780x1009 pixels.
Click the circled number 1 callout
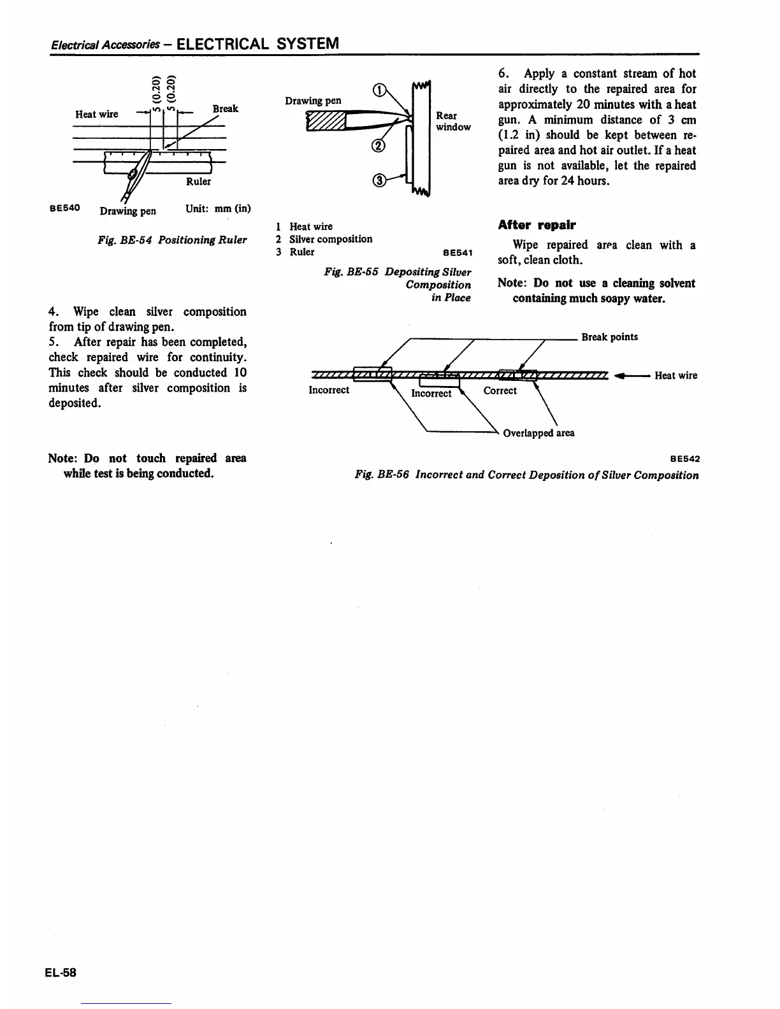pos(380,90)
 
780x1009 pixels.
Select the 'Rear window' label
pos(453,121)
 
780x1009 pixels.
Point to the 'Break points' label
pos(609,337)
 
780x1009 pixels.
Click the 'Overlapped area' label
pos(538,433)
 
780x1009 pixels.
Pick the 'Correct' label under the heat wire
pos(500,390)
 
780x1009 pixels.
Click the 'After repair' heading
pos(537,225)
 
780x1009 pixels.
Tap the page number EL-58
pos(61,972)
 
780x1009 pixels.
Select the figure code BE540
pos(64,208)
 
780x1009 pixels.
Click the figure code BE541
pos(457,253)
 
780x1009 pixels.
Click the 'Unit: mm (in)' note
pos(218,209)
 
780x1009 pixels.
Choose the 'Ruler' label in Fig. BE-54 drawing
pos(198,182)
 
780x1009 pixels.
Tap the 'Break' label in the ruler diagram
pos(226,108)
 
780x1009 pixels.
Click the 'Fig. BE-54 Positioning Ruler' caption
pos(171,240)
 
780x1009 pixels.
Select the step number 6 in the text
pos(502,74)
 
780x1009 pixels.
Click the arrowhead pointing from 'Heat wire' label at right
pos(619,375)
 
